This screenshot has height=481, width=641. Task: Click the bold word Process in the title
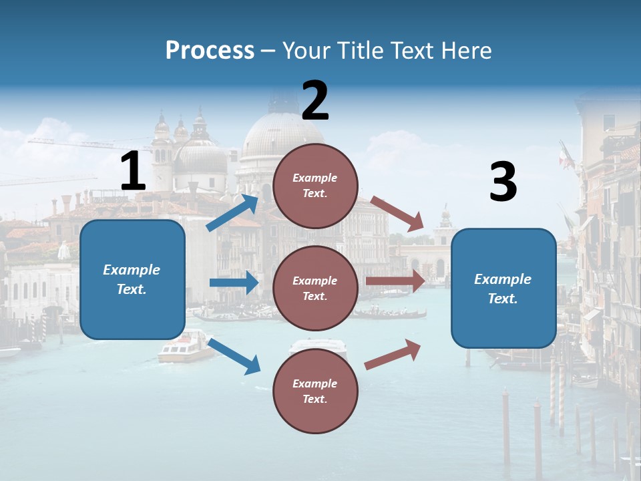coord(210,50)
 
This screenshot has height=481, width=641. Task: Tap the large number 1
coord(133,171)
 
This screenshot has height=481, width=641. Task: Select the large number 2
coord(315,101)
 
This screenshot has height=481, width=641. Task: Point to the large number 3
coord(503,182)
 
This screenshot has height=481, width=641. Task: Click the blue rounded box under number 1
coord(132,279)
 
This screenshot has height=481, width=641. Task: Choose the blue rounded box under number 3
coord(503,289)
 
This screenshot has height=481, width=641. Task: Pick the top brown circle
coord(315,186)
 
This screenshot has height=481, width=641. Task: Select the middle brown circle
coord(315,288)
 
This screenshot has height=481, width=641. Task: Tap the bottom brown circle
coord(315,391)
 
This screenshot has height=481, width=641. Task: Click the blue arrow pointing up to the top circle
coord(232,212)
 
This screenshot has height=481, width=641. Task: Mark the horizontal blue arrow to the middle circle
coord(234,283)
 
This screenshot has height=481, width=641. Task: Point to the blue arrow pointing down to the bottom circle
coord(234,356)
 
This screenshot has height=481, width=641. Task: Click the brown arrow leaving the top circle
coord(398,214)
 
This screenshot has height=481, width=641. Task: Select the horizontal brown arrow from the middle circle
coord(395,281)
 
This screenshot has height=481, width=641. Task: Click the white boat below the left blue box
coord(185,347)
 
